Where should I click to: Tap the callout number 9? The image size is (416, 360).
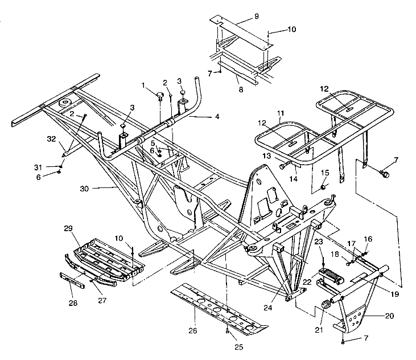(x=256, y=17)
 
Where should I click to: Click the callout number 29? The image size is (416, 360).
(x=68, y=228)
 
